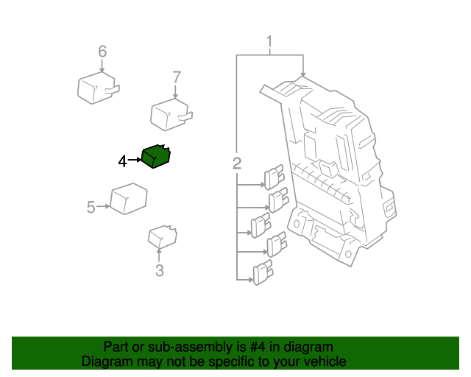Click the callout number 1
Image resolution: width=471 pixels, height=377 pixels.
[269, 41]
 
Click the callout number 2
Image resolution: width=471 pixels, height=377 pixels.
[237, 163]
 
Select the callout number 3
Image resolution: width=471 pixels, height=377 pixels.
[160, 271]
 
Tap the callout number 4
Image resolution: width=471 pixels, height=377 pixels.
[122, 161]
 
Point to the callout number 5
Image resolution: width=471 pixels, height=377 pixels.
[91, 208]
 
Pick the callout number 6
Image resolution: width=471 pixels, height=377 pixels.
[102, 52]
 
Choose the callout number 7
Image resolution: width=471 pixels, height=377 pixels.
[176, 77]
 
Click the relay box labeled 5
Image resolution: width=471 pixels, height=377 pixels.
[128, 200]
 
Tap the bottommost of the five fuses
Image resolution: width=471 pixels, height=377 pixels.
[263, 274]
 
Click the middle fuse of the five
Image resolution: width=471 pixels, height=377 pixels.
[261, 225]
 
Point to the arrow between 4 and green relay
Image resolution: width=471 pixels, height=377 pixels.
[135, 160]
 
